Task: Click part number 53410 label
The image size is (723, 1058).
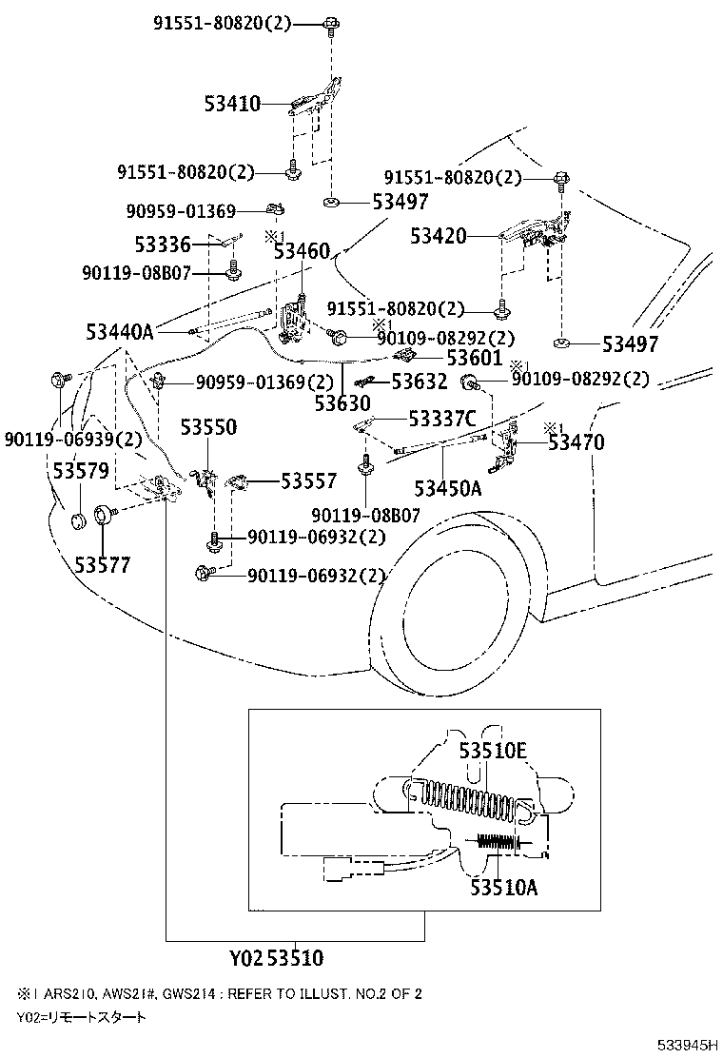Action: pos(231,103)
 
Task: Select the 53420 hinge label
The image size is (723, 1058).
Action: pos(439,235)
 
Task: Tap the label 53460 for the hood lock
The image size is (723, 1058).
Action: pos(302,251)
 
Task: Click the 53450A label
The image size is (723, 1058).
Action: pos(447,488)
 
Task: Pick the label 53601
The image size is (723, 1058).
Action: pos(473,358)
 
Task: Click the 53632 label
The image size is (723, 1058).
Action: pos(420,382)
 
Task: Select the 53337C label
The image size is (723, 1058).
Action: pos(441,418)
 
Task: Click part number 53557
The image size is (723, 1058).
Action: pos(307,482)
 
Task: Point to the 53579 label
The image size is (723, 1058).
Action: pos(80,471)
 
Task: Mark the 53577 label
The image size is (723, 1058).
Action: pos(102,565)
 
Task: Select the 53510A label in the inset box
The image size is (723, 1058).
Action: pos(503,887)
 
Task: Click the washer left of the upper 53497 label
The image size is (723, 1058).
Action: pos(332,202)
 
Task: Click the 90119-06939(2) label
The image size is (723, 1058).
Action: pos(72,440)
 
